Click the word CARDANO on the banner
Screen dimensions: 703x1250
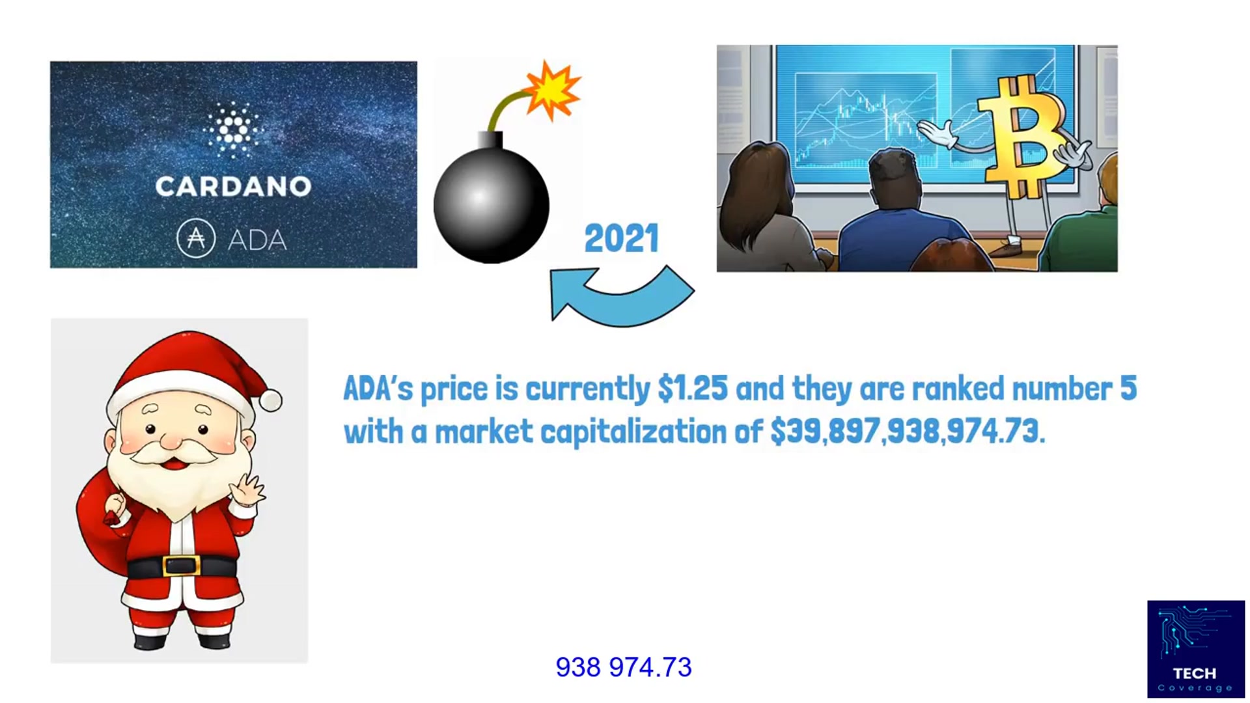coord(233,187)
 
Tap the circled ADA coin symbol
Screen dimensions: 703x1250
coord(196,239)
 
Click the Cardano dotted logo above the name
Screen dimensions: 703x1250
coord(232,130)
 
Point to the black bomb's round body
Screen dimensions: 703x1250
coord(491,205)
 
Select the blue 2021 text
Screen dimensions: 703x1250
coord(621,238)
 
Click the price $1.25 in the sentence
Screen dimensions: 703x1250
coord(692,389)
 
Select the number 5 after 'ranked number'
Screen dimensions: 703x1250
coord(1128,389)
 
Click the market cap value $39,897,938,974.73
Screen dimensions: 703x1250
coord(908,432)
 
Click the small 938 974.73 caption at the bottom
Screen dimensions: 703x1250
coord(623,667)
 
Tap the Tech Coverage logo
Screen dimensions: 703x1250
coord(1195,649)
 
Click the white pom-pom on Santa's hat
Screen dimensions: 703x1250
coord(271,400)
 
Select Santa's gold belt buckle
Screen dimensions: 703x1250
coord(181,565)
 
